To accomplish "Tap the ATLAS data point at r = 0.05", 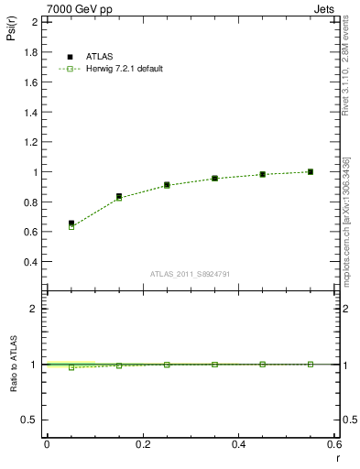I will click(71, 223).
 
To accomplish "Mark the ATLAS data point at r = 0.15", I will click(119, 196).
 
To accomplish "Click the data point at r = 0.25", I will click(167, 184).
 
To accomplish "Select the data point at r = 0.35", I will click(214, 178).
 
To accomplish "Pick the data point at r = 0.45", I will click(263, 174).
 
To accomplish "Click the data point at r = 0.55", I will click(311, 171).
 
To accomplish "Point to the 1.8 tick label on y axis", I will click(29, 52).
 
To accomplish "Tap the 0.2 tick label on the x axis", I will click(143, 444).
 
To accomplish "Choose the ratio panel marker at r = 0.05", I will click(71, 367).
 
